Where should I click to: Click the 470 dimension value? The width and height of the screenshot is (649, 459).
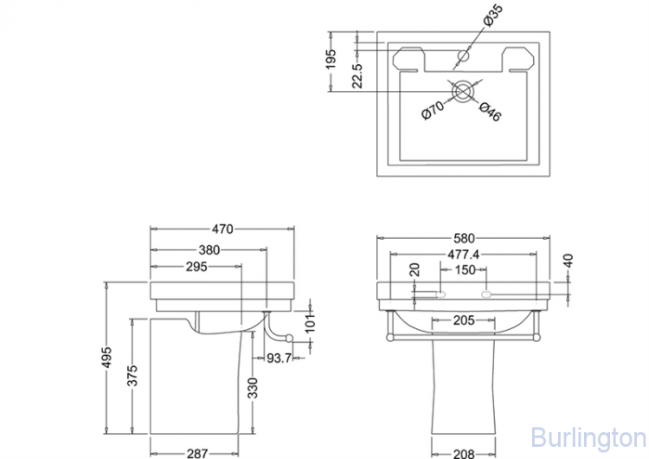222,229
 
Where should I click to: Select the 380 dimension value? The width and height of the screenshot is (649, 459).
209,250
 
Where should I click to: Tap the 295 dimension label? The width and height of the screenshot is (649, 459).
196,267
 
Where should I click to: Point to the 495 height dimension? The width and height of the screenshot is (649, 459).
106,357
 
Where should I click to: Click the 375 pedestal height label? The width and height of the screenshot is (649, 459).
132,375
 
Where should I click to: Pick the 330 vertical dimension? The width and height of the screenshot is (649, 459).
253,388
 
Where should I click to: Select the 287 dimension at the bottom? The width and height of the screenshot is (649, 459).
197,454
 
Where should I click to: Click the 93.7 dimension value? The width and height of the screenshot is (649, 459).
279,358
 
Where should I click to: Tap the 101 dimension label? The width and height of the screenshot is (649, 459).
310,323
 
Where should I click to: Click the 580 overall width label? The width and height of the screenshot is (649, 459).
464,238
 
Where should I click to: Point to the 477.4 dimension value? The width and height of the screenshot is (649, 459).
463,255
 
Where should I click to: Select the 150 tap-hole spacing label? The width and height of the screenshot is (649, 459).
465,270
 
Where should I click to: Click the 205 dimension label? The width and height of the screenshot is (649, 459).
464,320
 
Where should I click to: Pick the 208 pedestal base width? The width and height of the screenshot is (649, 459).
464,454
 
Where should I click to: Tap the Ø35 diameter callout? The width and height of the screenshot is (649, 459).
493,16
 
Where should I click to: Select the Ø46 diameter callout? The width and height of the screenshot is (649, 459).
491,112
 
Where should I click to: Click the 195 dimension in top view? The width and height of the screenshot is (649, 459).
331,59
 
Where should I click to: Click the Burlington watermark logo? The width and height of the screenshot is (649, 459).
588,437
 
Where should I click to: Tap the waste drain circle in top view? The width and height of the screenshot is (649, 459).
461,91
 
